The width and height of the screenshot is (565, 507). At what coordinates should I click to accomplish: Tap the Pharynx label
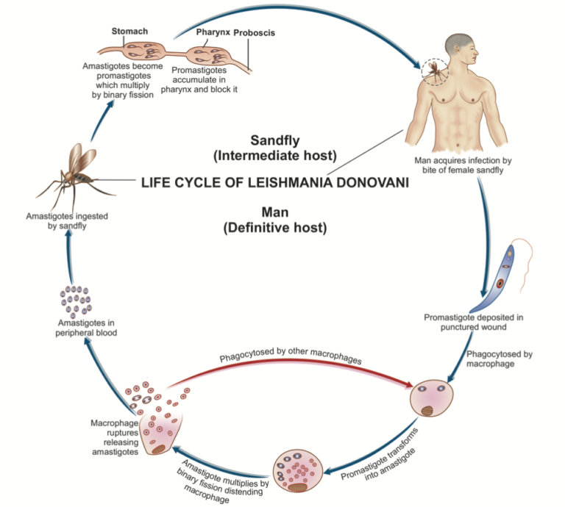[x=213, y=33]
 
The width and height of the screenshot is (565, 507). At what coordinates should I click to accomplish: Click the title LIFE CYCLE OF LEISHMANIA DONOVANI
[x=274, y=184]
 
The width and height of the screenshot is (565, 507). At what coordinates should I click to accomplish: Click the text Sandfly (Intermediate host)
[x=274, y=147]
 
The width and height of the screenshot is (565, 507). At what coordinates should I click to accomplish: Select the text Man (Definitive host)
[x=274, y=220]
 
